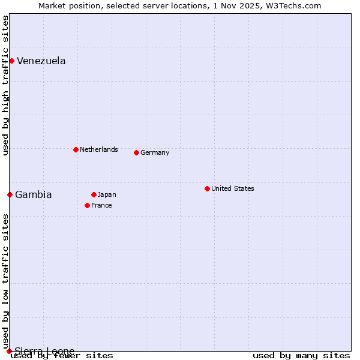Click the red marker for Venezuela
[11, 61]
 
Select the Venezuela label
[41, 61]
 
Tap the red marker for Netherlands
[76, 149]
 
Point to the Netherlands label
[99, 149]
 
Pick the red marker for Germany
[136, 152]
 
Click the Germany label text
[155, 152]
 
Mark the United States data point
[207, 188]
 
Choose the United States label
[233, 188]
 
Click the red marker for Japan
[94, 194]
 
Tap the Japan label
[107, 194]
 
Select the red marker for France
[87, 205]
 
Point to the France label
[101, 205]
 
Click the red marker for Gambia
[10, 194]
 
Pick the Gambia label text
[34, 195]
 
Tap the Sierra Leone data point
[9, 351]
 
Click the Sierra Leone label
[45, 351]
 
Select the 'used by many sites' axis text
[301, 356]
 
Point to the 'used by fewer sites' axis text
[62, 356]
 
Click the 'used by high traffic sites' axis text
[5, 85]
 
